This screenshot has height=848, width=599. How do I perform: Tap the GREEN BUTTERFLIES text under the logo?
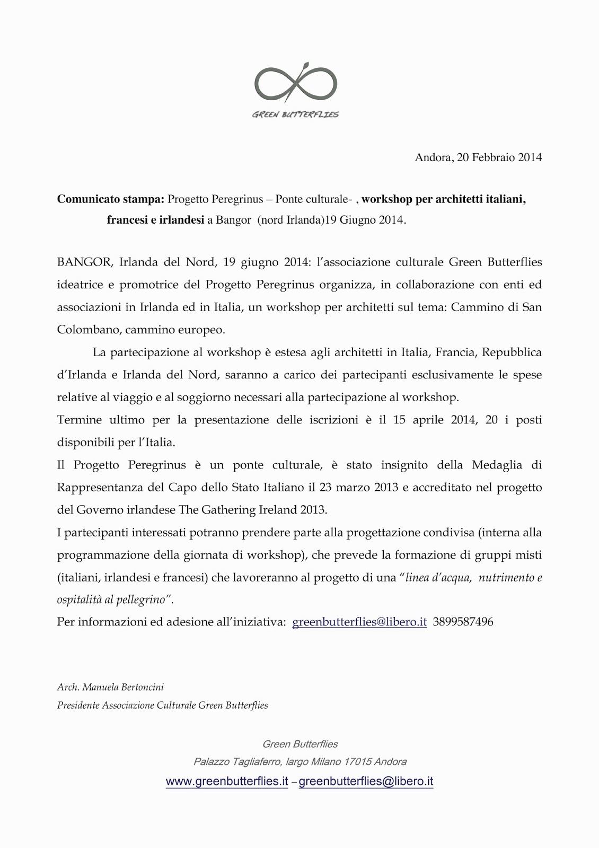click(296, 114)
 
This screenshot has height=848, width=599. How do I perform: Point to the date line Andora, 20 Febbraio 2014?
click(478, 157)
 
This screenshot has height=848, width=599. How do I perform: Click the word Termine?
click(79, 420)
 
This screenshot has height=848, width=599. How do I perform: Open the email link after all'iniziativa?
click(359, 622)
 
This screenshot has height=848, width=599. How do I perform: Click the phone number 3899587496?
click(463, 622)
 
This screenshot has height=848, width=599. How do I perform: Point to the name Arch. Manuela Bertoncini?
click(110, 687)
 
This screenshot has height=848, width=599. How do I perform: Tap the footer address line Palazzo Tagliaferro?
click(299, 762)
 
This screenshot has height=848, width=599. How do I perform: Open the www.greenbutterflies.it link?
click(227, 782)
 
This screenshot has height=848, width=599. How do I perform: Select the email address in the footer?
click(366, 782)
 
